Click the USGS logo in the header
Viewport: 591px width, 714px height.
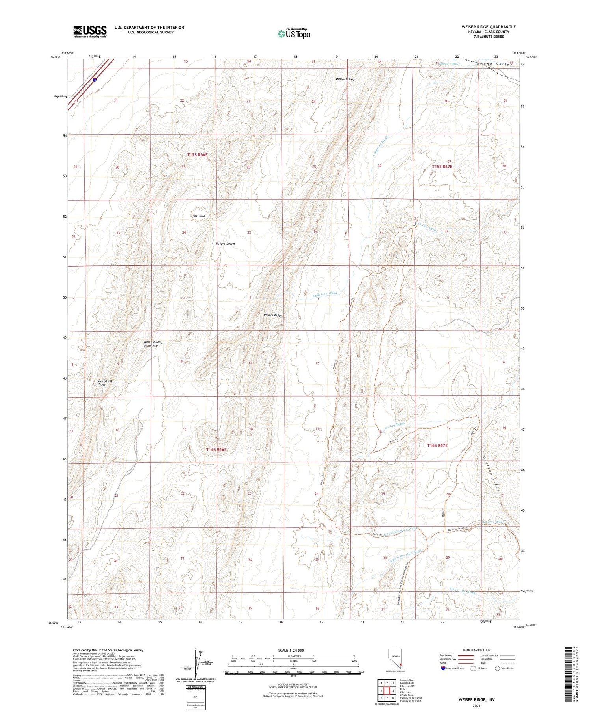(x=90, y=32)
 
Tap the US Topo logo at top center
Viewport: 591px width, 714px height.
(x=294, y=33)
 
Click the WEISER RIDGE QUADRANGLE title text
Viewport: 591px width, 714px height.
(x=489, y=27)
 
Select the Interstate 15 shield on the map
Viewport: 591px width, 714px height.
(x=95, y=80)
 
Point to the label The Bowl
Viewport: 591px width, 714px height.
(x=199, y=216)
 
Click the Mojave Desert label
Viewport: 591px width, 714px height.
(x=225, y=244)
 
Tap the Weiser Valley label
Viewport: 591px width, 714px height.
(x=345, y=79)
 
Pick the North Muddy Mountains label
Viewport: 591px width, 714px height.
(x=153, y=344)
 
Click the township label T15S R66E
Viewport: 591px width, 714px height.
(x=197, y=155)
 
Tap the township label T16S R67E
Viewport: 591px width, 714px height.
(x=437, y=445)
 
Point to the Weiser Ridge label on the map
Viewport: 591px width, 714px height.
(x=273, y=315)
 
